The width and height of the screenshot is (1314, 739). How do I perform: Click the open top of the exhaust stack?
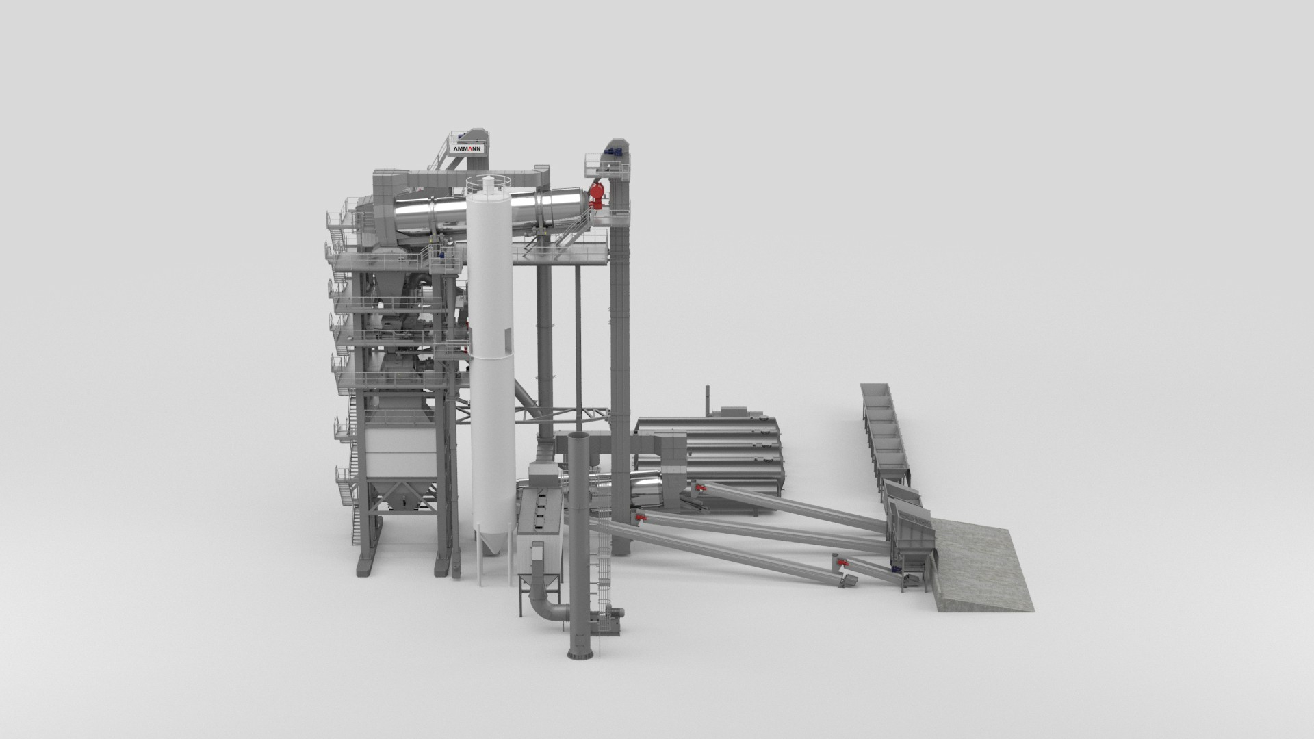[578, 437]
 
